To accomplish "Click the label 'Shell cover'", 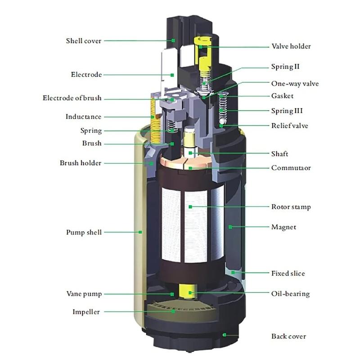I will (84, 41).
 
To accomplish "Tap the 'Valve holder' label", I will (291, 46).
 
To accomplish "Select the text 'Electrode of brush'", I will (72, 98).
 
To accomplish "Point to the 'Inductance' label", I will (83, 117).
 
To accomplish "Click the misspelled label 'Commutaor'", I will (291, 168).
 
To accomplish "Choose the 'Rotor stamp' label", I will (291, 207).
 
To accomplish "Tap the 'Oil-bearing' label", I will (290, 294).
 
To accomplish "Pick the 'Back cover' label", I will (288, 336).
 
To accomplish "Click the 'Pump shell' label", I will (84, 232).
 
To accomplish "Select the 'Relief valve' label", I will (289, 126).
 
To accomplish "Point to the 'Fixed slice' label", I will (288, 273).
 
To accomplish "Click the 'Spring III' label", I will (286, 111).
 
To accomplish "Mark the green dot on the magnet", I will (229, 227).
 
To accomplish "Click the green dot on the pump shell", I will (140, 232).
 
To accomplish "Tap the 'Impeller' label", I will (86, 312).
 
